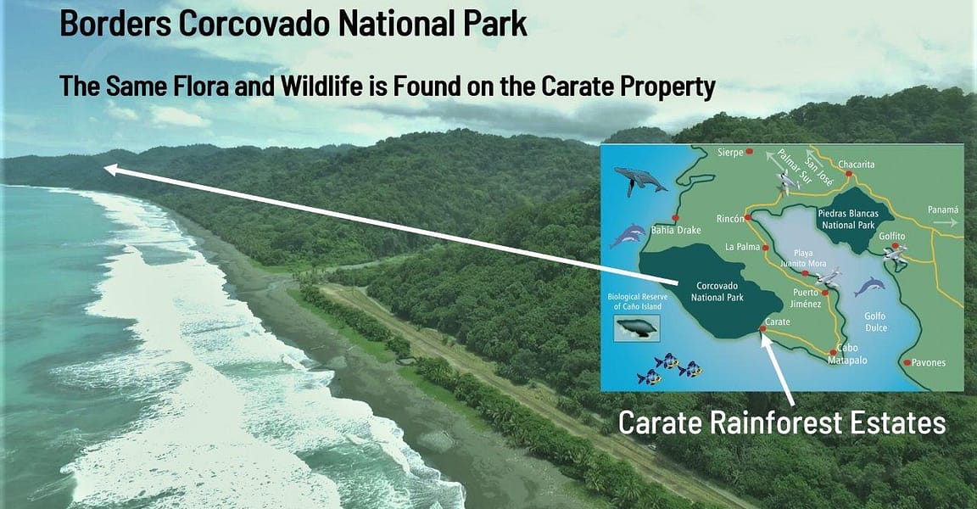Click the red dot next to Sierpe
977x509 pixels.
pyautogui.click(x=750, y=151)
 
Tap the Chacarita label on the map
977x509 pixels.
pyautogui.click(x=856, y=165)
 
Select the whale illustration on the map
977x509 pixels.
pyautogui.click(x=640, y=181)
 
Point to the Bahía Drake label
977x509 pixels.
pyautogui.click(x=676, y=230)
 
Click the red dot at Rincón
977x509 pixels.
pyautogui.click(x=748, y=218)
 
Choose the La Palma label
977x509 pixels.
pyautogui.click(x=742, y=247)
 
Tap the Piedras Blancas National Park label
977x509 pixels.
pyautogui.click(x=848, y=220)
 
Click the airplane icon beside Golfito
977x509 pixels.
pyautogui.click(x=895, y=253)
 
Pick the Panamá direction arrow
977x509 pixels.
pyautogui.click(x=946, y=221)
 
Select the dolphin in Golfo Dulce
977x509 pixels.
pyautogui.click(x=870, y=287)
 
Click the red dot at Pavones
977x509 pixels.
pyautogui.click(x=907, y=362)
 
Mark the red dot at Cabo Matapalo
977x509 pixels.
pyautogui.click(x=834, y=353)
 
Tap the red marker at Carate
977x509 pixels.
pyautogui.click(x=762, y=328)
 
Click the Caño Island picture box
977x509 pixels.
pyautogui.click(x=637, y=327)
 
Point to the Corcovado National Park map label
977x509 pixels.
pyautogui.click(x=717, y=292)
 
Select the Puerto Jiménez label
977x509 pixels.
pyautogui.click(x=806, y=298)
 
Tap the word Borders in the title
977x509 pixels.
pyautogui.click(x=116, y=24)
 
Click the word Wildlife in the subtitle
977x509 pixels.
pyautogui.click(x=321, y=86)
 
